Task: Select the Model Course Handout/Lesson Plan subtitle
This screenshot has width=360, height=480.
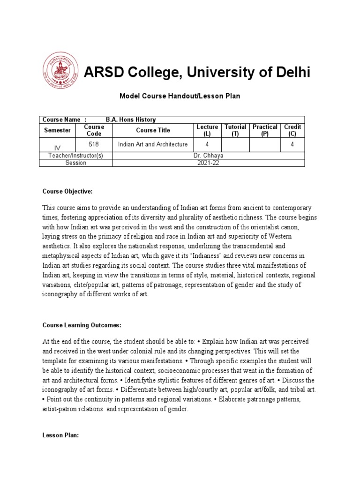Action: (180, 96)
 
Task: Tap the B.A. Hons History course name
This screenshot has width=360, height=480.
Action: (131, 120)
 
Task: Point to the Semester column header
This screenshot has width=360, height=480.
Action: (57, 130)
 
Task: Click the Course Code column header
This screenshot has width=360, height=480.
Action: (94, 130)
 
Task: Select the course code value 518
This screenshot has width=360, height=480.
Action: (94, 144)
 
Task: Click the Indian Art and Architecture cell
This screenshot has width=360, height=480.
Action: (152, 144)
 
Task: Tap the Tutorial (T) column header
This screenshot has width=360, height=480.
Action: (235, 130)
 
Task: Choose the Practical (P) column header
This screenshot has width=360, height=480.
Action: (265, 130)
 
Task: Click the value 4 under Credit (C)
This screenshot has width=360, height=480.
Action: (292, 144)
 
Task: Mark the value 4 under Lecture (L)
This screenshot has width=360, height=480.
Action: (207, 144)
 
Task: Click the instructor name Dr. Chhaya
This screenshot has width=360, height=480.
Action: (209, 155)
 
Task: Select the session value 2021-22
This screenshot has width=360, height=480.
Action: (209, 163)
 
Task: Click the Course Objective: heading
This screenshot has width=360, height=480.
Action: (67, 191)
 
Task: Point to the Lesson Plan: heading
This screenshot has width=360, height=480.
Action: (60, 435)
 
